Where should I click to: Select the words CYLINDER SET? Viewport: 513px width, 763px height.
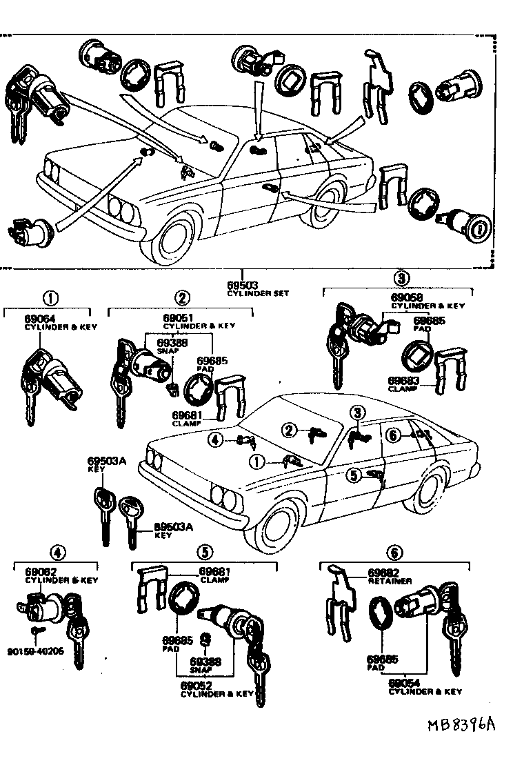[258, 293]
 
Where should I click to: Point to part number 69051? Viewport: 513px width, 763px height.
[177, 317]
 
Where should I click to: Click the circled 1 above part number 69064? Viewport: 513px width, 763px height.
[50, 298]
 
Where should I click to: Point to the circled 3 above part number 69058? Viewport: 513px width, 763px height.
[402, 278]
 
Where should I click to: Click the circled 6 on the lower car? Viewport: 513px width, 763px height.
[393, 435]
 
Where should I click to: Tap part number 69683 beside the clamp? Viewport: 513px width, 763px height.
[403, 380]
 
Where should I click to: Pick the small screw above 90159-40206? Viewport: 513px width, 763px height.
[34, 631]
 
